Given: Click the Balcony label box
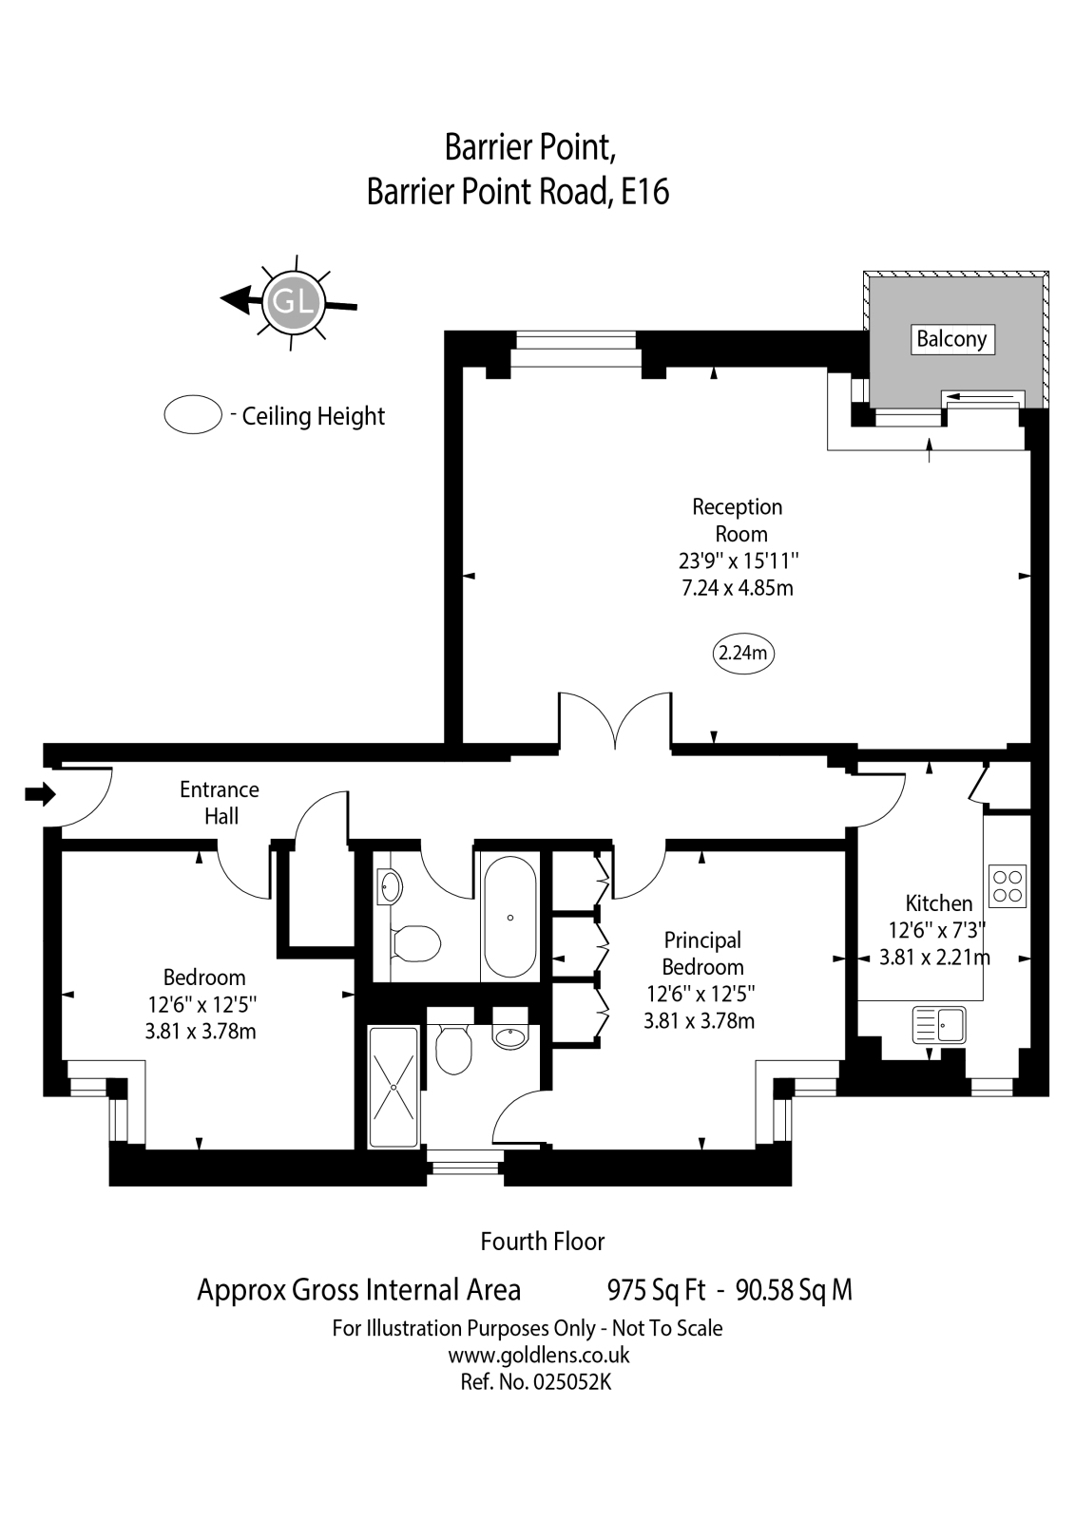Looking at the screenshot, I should pos(950,339).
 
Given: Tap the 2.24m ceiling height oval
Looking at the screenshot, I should pos(742,654).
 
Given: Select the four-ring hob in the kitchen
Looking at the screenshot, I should pos(1008,885).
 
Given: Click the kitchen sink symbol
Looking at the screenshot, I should pos(939,1026).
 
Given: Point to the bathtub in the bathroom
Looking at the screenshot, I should pos(510,917).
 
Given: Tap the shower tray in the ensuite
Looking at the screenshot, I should pos(393,1087).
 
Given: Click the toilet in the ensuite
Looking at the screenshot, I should pos(453,1050).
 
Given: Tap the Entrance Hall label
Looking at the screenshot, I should pos(220,803).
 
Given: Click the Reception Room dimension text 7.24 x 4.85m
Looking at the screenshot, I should pos(738,588).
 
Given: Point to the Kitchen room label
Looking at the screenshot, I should pos(938,903).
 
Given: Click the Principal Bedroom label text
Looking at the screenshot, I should pos(702,953).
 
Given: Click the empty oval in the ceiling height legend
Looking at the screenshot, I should pos(193,415).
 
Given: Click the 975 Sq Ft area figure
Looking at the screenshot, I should pos(656,1290).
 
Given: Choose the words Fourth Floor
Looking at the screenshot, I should pos(542,1242).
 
